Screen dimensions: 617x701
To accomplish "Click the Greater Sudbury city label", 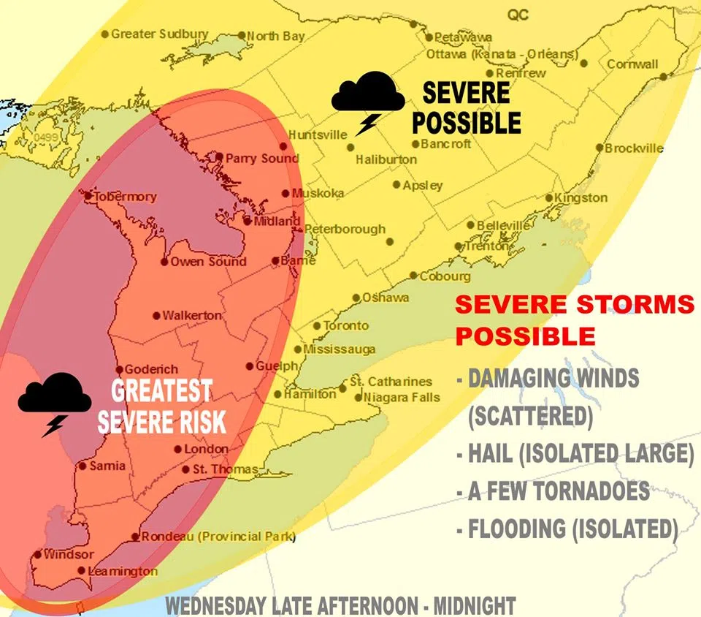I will [x=159, y=34].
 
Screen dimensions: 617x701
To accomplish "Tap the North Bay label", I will [x=275, y=36].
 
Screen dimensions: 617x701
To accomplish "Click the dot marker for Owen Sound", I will [x=164, y=262].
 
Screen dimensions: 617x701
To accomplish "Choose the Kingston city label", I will [x=581, y=197].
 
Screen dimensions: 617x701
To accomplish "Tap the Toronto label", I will [x=345, y=325].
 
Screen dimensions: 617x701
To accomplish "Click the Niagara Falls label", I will [x=402, y=397].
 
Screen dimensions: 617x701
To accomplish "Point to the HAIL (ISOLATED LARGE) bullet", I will [x=575, y=454].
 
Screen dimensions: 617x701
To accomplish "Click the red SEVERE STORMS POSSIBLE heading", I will [x=574, y=319].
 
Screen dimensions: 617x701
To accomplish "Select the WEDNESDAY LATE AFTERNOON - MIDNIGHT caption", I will [x=340, y=606].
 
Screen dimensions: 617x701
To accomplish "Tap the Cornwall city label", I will [x=632, y=64].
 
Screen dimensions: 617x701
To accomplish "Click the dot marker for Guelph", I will [x=250, y=366].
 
